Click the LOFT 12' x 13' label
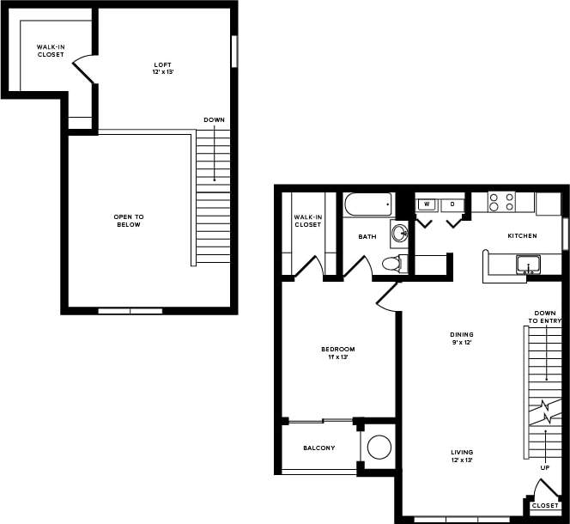(162, 69)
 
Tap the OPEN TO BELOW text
(127, 220)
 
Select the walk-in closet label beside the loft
(50, 51)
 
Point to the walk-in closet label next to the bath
(307, 221)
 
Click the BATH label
(367, 236)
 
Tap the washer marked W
(427, 204)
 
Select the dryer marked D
(452, 204)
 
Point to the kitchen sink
(528, 264)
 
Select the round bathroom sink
(398, 232)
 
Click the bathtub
(367, 204)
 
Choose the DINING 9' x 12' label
(463, 338)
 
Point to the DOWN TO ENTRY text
(545, 316)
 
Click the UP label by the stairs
(544, 468)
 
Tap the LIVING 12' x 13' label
(463, 456)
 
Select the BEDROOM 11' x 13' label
(337, 352)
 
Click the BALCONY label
(318, 448)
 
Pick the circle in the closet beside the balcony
(379, 447)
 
